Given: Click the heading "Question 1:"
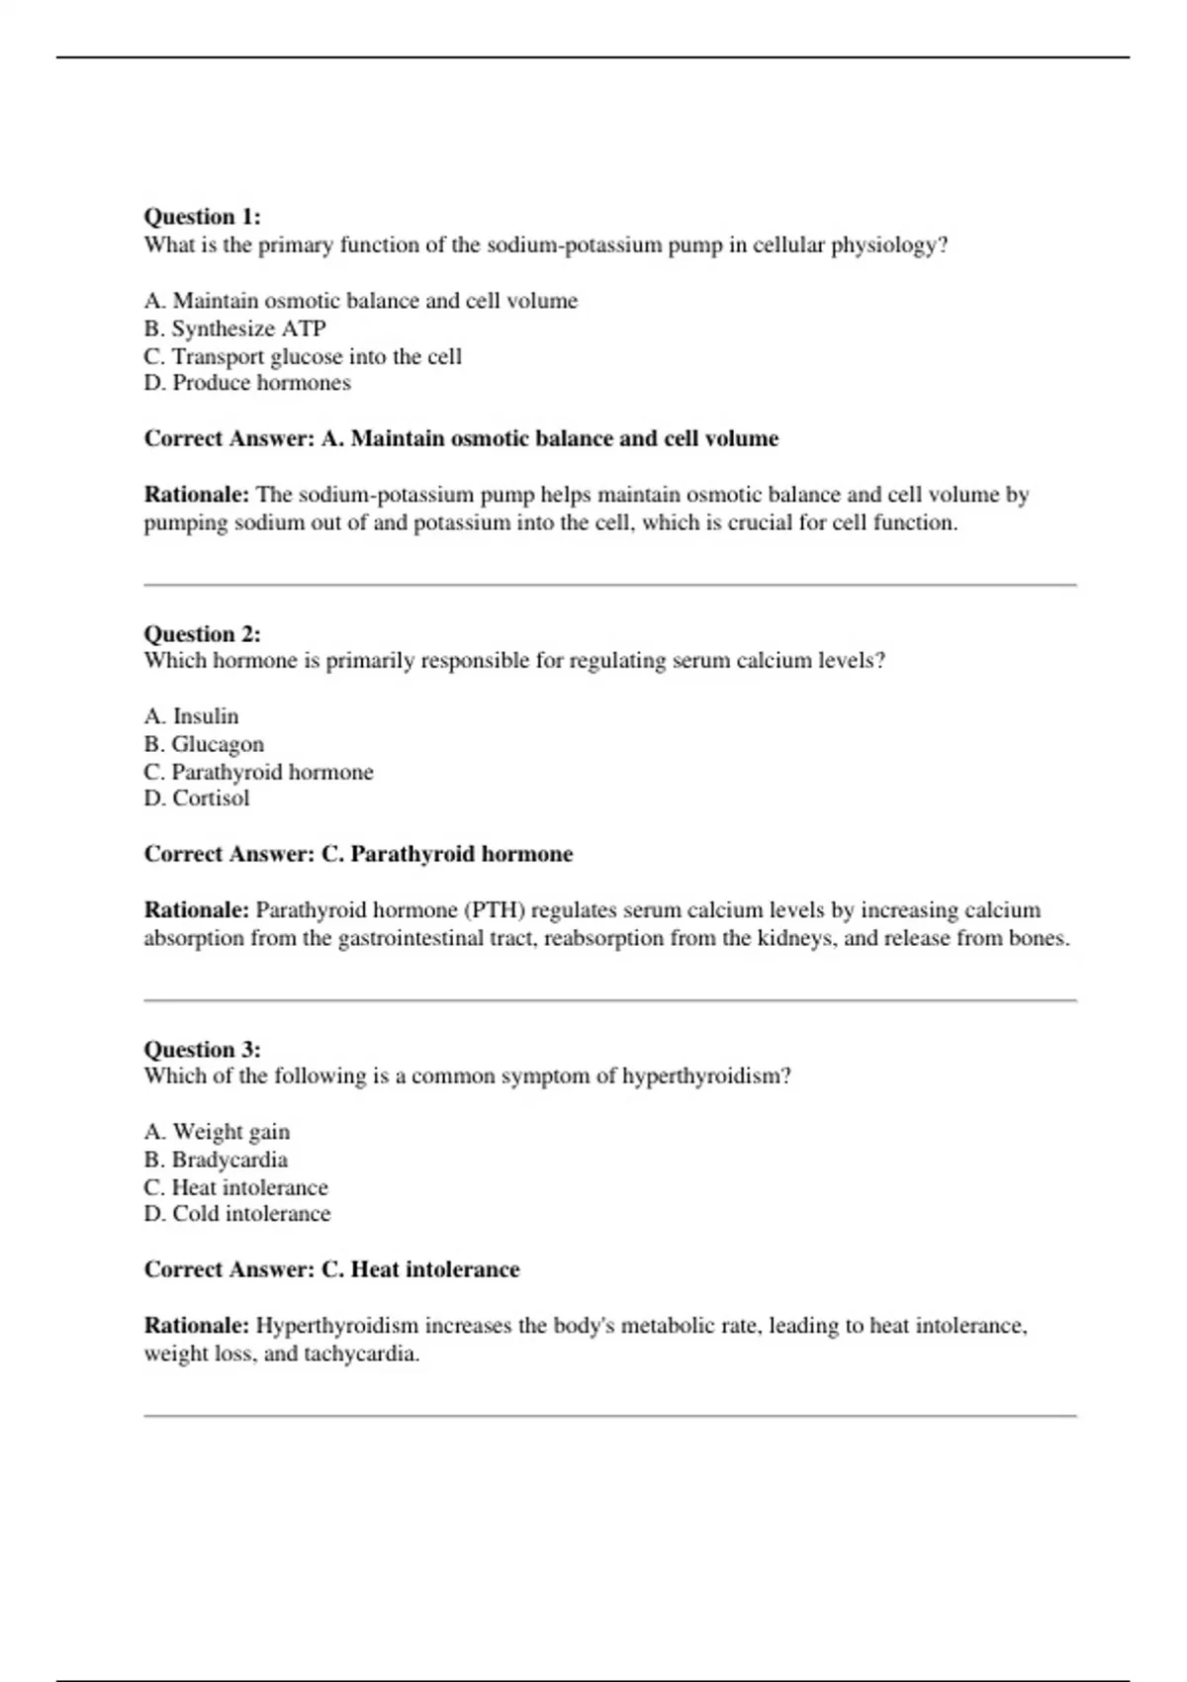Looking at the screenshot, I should click(x=203, y=217).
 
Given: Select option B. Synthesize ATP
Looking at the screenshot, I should click(x=234, y=328).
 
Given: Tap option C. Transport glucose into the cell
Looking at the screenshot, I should click(x=303, y=356).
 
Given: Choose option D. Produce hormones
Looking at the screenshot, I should click(x=247, y=383).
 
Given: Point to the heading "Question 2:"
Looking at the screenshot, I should click(x=203, y=634).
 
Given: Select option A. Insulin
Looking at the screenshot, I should click(x=191, y=716).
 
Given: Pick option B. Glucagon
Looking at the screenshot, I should click(x=204, y=744).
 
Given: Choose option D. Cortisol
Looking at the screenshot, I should click(x=197, y=798).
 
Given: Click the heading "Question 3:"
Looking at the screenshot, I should click(x=203, y=1050).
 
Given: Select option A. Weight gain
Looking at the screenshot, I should click(x=217, y=1132).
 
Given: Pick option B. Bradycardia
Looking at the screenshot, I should click(x=216, y=1160).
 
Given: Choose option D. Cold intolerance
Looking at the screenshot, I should click(x=237, y=1214).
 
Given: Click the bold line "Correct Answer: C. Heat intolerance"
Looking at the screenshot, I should click(x=331, y=1269).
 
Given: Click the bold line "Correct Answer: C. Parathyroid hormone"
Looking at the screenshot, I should click(x=358, y=854).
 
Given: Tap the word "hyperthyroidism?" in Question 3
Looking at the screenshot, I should click(x=706, y=1076).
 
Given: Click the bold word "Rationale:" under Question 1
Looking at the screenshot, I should click(x=197, y=495).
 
